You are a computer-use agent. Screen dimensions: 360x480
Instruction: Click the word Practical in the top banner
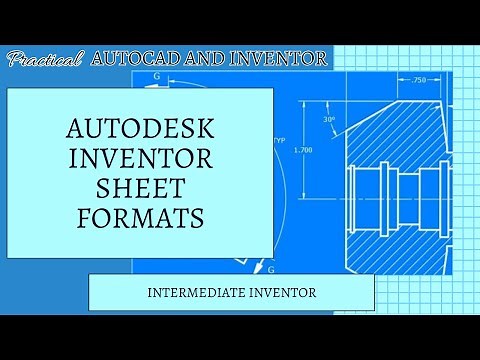[x=45, y=60]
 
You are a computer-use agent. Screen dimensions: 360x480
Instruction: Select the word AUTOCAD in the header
[x=130, y=59]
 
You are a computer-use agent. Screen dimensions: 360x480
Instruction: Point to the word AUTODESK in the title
[x=141, y=130]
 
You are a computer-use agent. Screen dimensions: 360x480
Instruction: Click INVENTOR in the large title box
[x=141, y=160]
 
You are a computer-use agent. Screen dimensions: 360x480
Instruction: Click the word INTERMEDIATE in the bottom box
[x=196, y=293]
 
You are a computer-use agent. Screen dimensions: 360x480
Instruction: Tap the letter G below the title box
[x=271, y=269]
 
